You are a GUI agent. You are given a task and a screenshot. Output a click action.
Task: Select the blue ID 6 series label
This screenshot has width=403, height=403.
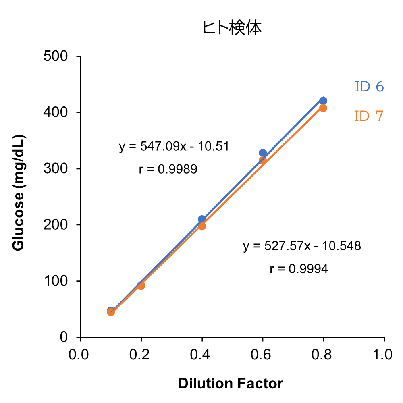coord(369,87)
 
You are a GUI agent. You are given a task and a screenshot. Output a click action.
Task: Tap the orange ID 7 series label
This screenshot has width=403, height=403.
coord(369,116)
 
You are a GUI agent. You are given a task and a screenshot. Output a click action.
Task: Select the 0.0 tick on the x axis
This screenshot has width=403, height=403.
coord(81,355)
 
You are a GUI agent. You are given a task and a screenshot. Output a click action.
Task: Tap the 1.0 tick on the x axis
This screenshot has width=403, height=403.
coord(384,355)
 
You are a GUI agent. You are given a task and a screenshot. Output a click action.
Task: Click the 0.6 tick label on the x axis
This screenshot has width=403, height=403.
coord(262,355)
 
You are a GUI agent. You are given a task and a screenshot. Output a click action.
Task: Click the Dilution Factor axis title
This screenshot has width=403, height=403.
coord(231,383)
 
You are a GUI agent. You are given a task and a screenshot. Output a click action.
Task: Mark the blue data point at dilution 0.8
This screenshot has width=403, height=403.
coord(323,101)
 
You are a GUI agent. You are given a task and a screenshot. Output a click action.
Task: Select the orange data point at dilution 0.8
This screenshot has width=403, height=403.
coord(323,108)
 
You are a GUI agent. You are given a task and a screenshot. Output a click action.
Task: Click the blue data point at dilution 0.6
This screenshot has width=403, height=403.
coord(263,153)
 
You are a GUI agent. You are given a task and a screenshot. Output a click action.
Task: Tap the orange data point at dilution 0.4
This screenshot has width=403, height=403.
coord(202,226)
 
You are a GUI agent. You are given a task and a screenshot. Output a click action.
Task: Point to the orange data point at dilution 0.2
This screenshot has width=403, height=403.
coord(141,286)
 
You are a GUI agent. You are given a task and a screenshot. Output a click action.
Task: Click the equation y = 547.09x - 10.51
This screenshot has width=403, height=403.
coord(174,146)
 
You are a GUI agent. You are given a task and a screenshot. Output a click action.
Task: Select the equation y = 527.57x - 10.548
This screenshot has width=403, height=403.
coord(302,246)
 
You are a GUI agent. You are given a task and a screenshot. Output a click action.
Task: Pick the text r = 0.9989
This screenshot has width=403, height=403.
coord(168,169)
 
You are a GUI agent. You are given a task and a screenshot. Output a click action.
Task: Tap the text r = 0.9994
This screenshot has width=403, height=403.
coord(299,269)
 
